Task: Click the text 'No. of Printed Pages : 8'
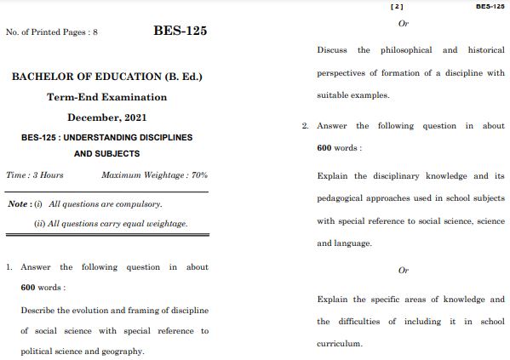click(x=52, y=32)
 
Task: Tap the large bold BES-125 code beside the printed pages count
click(x=180, y=31)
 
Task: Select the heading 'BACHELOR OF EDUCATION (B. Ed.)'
click(x=106, y=77)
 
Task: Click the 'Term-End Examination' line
click(x=106, y=97)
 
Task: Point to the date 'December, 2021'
click(x=106, y=116)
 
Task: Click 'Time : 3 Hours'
click(x=35, y=175)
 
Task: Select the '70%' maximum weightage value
click(x=199, y=175)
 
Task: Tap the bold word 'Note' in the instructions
click(x=17, y=204)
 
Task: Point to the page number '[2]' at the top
click(x=396, y=6)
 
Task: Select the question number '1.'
click(x=9, y=267)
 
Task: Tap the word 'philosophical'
click(x=405, y=50)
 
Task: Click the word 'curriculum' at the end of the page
click(x=339, y=344)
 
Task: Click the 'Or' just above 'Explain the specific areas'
click(x=404, y=271)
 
